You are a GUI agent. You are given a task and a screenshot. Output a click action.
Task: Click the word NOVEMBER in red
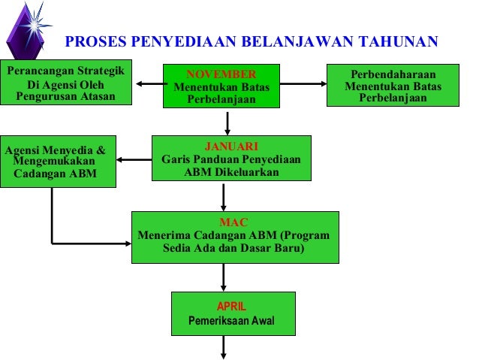click(221, 74)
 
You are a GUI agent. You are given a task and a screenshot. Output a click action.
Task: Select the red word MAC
click(233, 222)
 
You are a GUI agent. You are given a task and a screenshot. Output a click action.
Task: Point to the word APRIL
click(231, 307)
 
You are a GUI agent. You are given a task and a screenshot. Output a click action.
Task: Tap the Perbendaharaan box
click(393, 86)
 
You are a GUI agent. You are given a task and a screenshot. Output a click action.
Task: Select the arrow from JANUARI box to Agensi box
click(134, 159)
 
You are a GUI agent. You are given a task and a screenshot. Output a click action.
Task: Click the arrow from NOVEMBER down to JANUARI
click(227, 123)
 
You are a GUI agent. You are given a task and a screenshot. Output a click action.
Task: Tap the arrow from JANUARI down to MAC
click(224, 196)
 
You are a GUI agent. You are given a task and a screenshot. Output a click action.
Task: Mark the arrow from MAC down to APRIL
click(224, 277)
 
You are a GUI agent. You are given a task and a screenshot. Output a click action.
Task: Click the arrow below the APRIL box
click(224, 347)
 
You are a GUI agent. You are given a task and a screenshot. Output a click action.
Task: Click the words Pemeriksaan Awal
click(231, 322)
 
